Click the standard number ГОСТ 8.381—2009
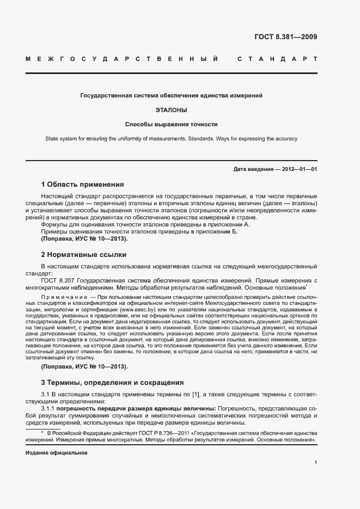[x=285, y=38]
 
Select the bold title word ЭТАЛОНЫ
[x=172, y=109]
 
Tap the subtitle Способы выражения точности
[x=172, y=124]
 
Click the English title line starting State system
[x=172, y=139]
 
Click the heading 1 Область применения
[x=82, y=184]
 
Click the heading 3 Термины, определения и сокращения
[x=112, y=382]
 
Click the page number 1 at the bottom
[x=316, y=462]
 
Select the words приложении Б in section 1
[x=219, y=231]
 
